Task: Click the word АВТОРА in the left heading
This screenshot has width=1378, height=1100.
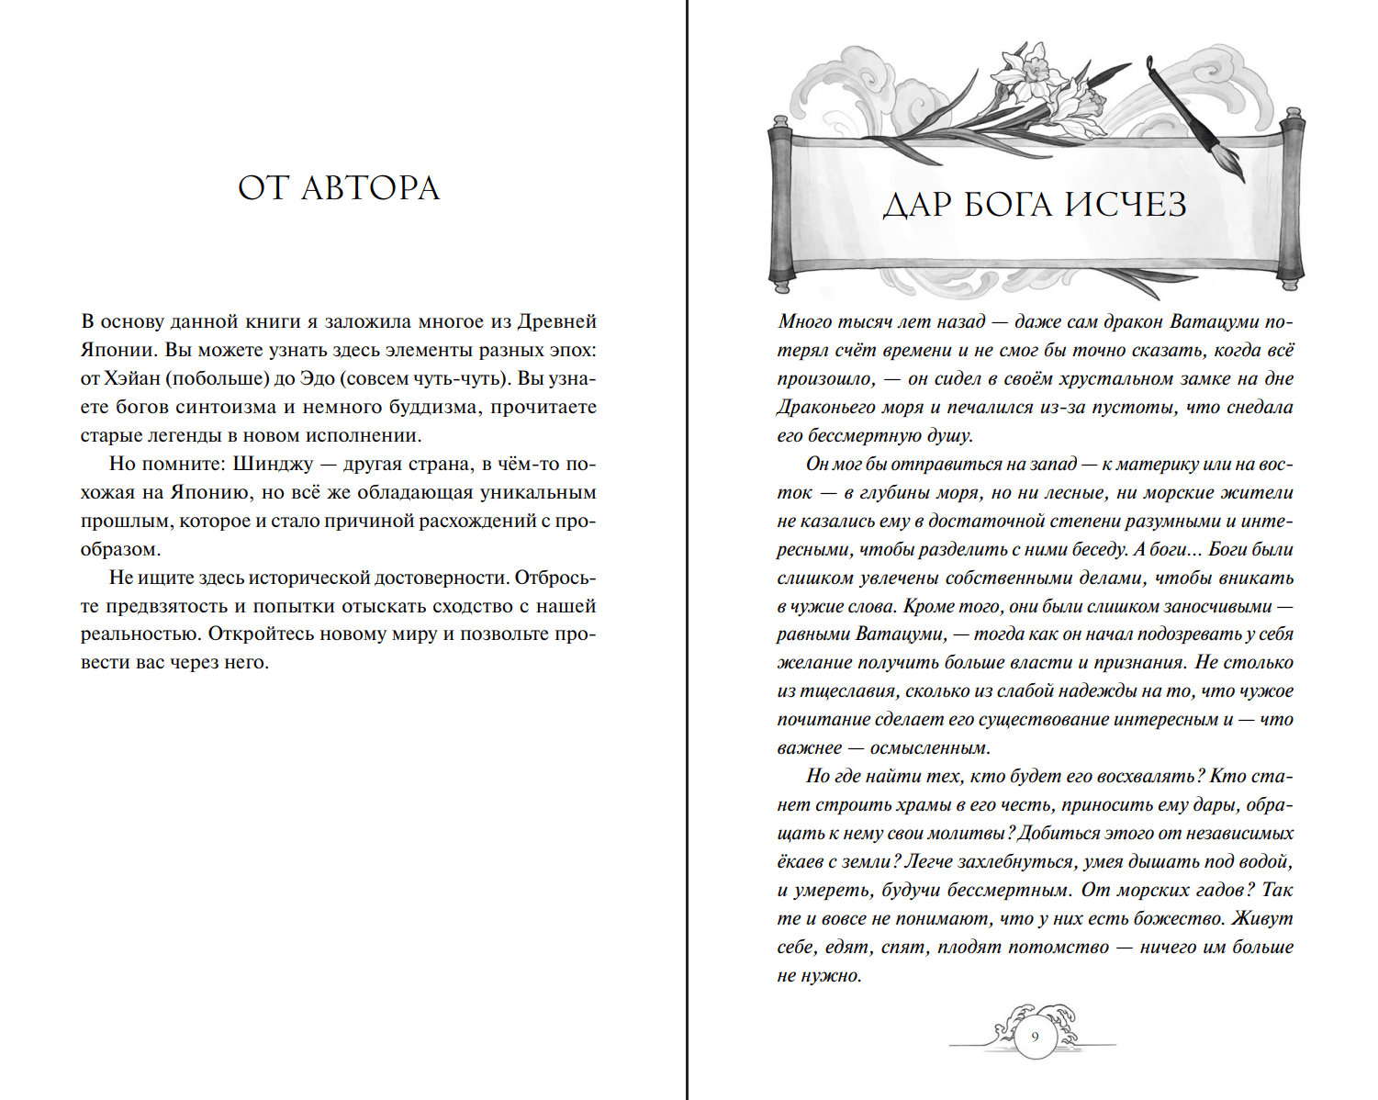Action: tap(370, 188)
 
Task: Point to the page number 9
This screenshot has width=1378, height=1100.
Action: tap(1035, 1038)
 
